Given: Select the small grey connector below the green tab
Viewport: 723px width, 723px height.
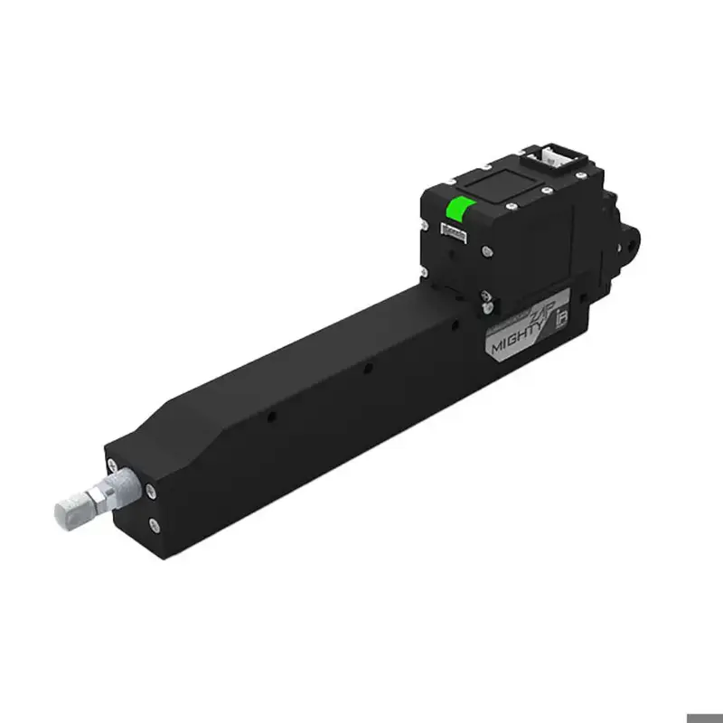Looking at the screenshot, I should (x=451, y=233).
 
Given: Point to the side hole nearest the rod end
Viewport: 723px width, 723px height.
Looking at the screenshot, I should (x=271, y=418).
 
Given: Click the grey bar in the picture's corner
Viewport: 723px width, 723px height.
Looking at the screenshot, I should (x=704, y=718).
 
